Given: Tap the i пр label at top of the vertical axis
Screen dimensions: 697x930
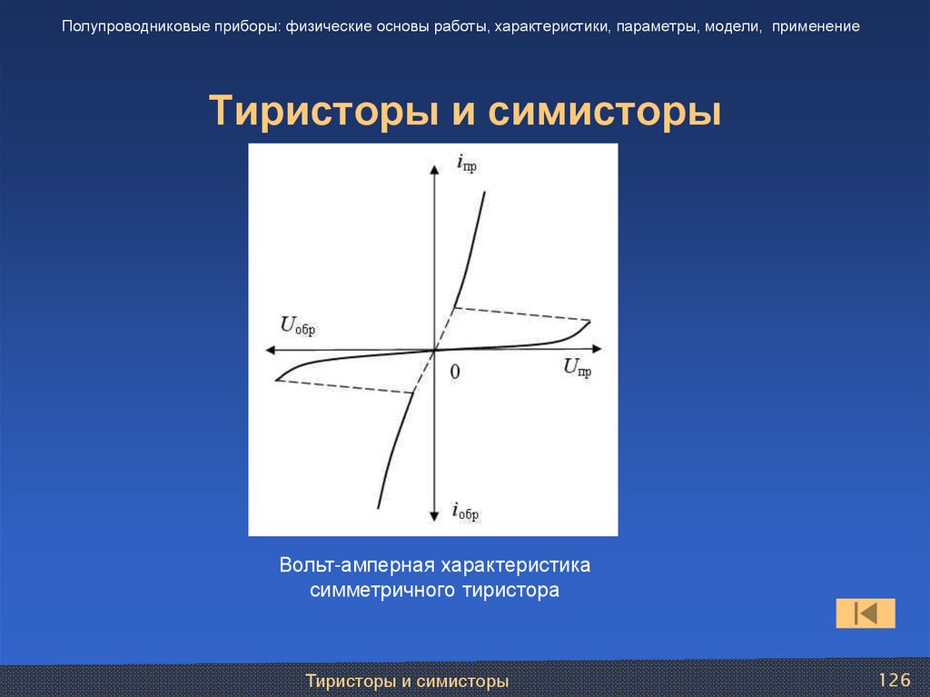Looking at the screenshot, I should (x=465, y=164).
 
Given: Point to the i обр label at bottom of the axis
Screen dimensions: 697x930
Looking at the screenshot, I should (x=464, y=512).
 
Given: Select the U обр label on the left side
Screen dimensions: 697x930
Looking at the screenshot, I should (x=297, y=326).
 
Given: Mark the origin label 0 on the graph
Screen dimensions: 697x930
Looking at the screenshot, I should (x=455, y=371).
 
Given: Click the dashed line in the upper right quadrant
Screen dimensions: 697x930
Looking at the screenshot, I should (x=522, y=314).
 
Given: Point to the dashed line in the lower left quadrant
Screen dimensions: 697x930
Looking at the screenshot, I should (x=345, y=386).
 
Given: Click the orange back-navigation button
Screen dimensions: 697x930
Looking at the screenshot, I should (x=865, y=613).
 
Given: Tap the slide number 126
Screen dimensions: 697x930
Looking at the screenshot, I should (x=894, y=681).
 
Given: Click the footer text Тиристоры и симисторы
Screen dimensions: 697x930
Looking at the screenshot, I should (x=406, y=681).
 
